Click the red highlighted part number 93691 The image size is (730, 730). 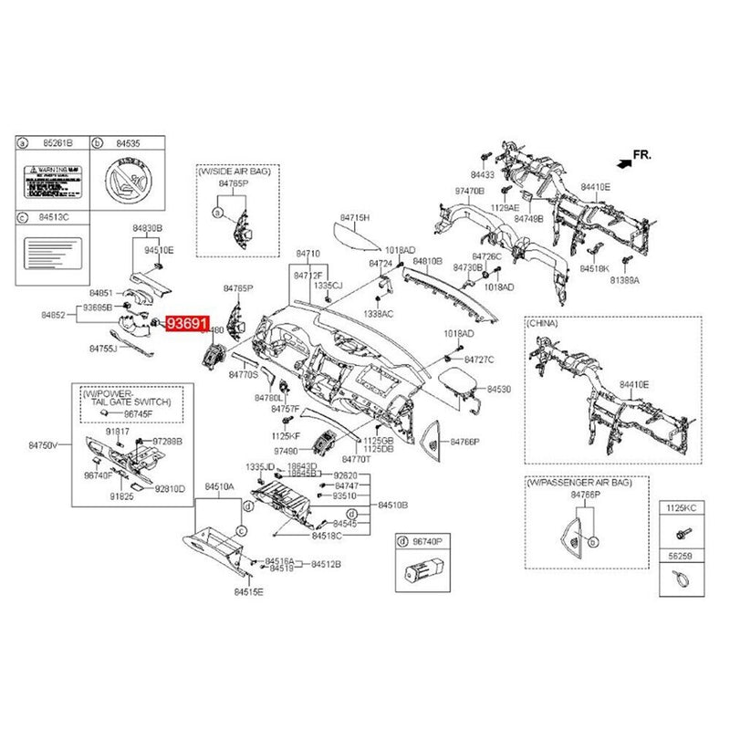point(186,323)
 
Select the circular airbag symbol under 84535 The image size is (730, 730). point(128,179)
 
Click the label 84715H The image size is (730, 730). point(355,218)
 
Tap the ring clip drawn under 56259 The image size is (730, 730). point(680,577)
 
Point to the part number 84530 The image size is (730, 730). point(499,389)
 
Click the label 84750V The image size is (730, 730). point(42,444)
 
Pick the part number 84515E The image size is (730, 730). point(247,592)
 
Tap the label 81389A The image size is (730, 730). point(624,282)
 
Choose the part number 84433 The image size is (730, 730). point(483,174)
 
